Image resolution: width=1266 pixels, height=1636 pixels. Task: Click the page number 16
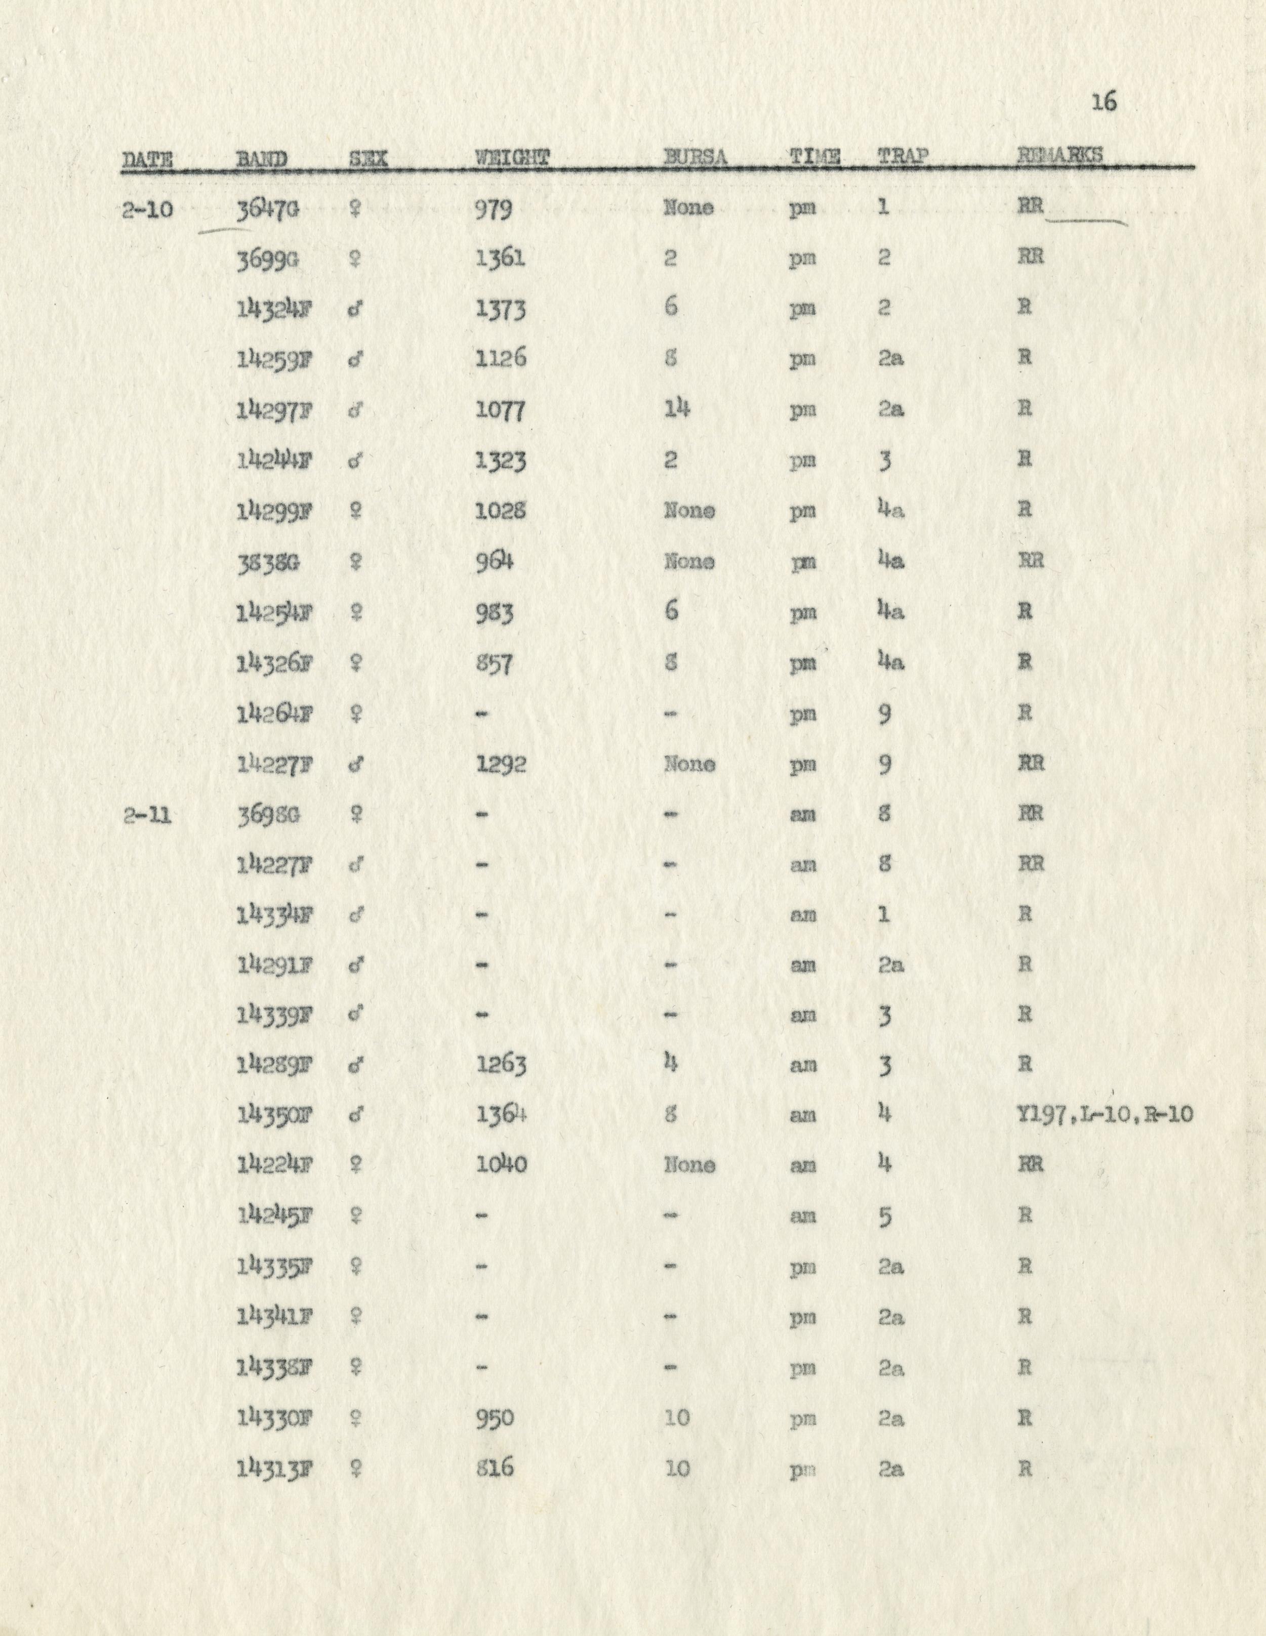[1104, 102]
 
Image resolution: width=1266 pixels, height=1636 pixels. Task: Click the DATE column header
[147, 159]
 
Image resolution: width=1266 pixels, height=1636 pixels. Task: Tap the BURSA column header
[695, 157]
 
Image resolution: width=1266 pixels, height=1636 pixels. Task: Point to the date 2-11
[147, 814]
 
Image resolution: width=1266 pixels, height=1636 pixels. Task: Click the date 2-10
[147, 209]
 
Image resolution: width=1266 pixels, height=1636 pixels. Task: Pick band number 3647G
[267, 211]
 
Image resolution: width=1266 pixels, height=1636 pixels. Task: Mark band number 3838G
[267, 562]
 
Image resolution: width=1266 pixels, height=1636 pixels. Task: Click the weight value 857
[495, 663]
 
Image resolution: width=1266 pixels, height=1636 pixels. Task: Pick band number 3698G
[267, 814]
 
